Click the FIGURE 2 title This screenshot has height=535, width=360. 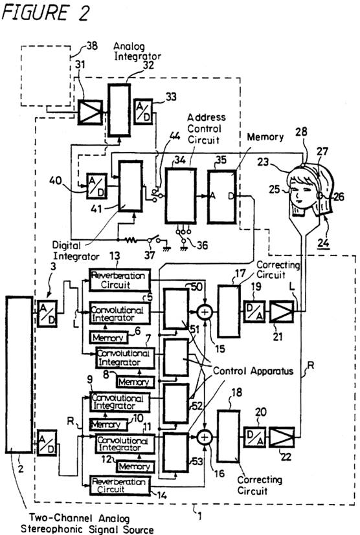coord(45,13)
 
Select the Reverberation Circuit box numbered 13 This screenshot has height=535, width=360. coord(120,279)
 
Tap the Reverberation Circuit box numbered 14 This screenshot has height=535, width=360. coord(120,485)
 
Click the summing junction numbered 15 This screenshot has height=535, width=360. coord(205,312)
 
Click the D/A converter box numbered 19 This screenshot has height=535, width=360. coord(254,312)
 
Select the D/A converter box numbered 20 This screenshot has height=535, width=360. coord(255,437)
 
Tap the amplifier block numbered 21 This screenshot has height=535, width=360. coord(282,312)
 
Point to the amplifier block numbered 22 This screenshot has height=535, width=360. coord(282,437)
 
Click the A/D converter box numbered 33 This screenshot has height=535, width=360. coord(143,111)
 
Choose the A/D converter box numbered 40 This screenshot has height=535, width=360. coord(96,186)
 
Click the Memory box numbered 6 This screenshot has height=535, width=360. coord(109,338)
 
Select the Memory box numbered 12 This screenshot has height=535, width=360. coord(135,466)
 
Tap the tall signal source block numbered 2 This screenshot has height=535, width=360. coord(19,375)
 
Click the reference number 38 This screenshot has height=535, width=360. coord(91,45)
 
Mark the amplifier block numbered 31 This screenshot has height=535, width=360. coord(90,113)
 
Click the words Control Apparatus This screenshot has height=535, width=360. coord(253,371)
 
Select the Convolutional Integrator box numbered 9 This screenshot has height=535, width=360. coord(120,402)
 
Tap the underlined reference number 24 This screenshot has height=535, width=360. coord(323,243)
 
